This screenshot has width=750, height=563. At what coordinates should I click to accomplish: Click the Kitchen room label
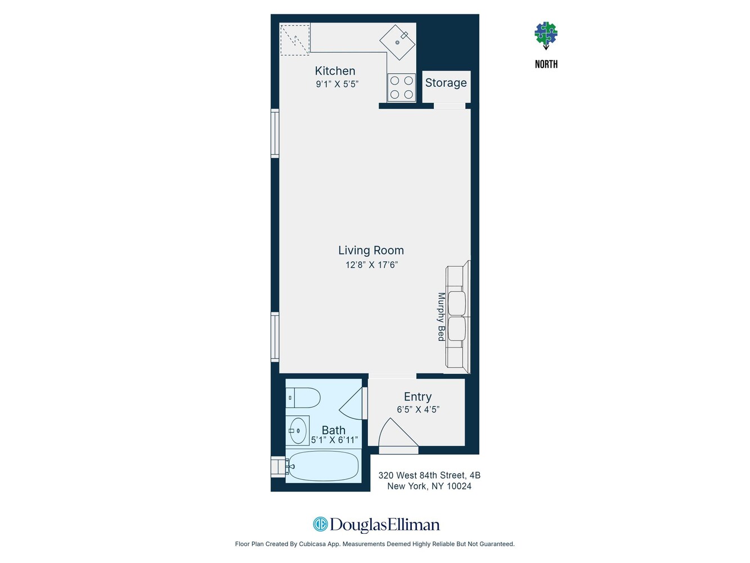click(335, 71)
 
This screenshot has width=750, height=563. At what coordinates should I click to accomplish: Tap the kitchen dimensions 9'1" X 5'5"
click(336, 84)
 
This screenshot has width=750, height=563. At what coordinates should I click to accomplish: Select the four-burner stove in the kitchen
click(401, 88)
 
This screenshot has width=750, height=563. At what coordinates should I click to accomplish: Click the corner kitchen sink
click(398, 42)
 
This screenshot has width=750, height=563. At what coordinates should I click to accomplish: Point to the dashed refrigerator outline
click(295, 39)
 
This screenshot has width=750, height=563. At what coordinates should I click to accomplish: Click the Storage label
click(446, 83)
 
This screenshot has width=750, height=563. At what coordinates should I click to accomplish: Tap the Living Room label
click(371, 251)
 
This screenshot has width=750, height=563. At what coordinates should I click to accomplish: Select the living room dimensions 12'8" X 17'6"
click(371, 265)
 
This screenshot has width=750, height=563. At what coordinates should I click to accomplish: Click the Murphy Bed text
click(442, 316)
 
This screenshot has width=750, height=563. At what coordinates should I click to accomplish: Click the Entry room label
click(417, 397)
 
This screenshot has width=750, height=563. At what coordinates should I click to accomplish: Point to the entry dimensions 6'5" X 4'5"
click(417, 410)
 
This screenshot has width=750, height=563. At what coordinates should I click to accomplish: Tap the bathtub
click(323, 466)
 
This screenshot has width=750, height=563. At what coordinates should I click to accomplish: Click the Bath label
click(333, 430)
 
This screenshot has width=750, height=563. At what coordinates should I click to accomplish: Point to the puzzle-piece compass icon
click(546, 34)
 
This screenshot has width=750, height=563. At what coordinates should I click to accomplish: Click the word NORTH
click(546, 64)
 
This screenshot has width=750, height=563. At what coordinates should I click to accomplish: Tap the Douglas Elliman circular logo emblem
click(320, 525)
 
